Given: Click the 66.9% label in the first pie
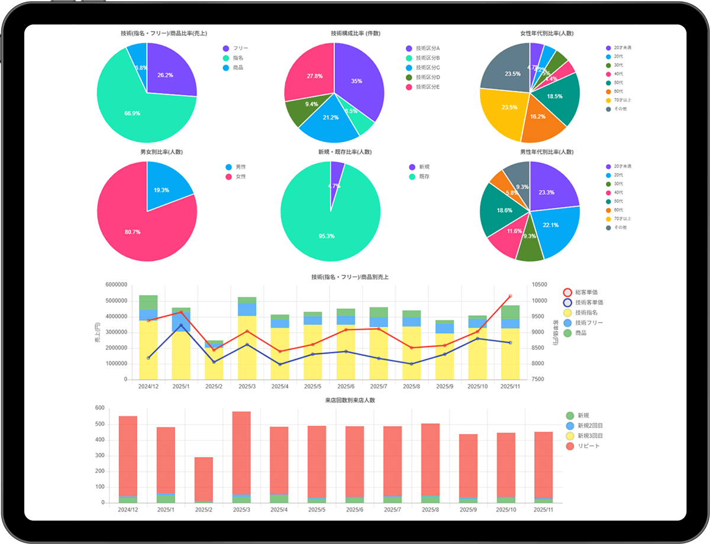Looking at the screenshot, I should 132,113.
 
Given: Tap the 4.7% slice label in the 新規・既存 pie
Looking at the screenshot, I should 334,186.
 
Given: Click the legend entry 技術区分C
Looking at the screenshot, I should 427,67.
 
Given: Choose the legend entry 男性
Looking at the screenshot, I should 240,167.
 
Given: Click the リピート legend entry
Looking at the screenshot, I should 588,445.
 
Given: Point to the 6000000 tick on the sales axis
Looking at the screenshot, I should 117,284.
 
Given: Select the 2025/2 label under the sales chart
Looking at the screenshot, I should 214,386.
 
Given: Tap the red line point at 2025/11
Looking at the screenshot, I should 510,296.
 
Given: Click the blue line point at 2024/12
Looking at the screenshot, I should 148,358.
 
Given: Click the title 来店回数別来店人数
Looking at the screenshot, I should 350,400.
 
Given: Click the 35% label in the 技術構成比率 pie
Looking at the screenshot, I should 356,81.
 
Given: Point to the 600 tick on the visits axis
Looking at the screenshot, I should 99,408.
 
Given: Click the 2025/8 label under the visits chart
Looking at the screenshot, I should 430,510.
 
